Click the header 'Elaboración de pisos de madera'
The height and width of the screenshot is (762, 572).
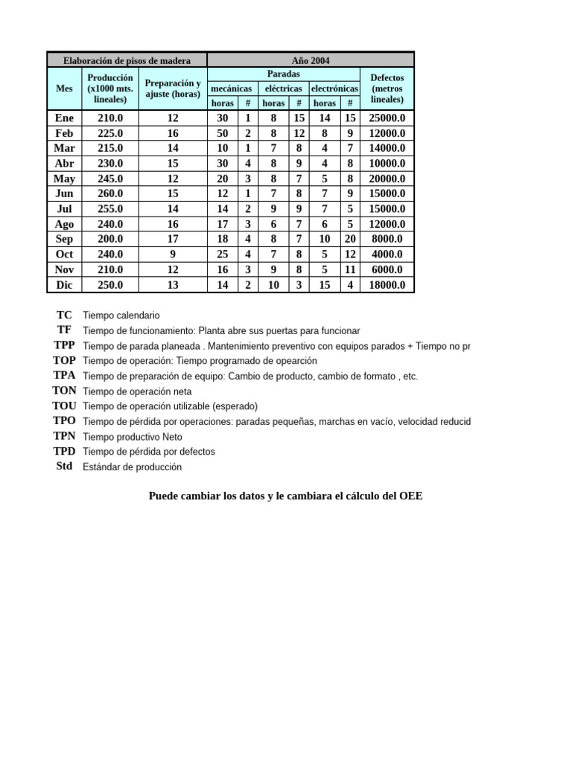(x=127, y=60)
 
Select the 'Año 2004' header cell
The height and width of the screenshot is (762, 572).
(x=311, y=60)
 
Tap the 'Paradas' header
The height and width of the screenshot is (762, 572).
(x=283, y=74)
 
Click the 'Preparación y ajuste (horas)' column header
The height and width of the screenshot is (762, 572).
(x=173, y=89)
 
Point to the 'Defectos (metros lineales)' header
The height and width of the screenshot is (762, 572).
(x=387, y=89)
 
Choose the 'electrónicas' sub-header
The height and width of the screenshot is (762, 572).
(x=334, y=89)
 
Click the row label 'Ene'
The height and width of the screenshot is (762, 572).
(x=65, y=118)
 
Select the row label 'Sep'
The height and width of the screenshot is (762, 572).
(x=65, y=239)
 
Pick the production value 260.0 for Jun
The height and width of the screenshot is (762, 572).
(x=110, y=193)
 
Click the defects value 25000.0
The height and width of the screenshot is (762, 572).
(x=387, y=118)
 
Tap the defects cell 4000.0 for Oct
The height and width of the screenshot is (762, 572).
(x=387, y=254)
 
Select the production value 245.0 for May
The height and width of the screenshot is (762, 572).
(x=110, y=179)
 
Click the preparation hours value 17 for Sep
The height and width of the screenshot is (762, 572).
(x=173, y=239)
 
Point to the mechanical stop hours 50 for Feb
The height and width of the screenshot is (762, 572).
(x=223, y=133)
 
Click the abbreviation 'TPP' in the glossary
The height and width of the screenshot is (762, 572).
(x=64, y=345)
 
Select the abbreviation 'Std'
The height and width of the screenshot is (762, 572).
(x=64, y=467)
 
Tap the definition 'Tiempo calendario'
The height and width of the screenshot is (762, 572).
(x=121, y=316)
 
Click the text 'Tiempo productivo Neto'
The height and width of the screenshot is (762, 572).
(x=133, y=437)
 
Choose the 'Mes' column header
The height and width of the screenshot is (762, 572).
(x=65, y=89)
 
